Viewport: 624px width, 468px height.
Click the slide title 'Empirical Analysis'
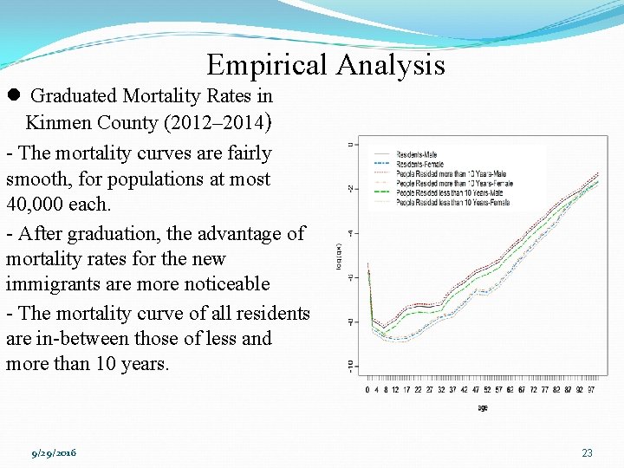pos(326,65)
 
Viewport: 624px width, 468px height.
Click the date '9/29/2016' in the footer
pos(54,453)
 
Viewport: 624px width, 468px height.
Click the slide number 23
pos(587,453)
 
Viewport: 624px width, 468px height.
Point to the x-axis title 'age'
pos(483,407)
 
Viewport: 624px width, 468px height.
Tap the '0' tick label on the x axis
pos(367,390)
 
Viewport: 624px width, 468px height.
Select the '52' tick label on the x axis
pos(487,390)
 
